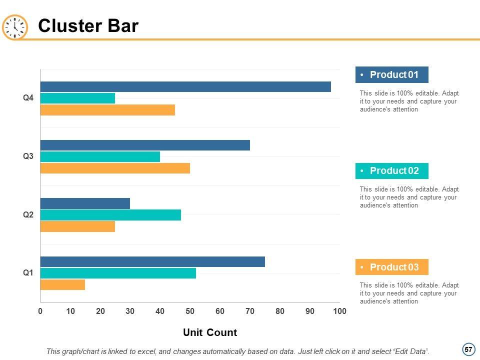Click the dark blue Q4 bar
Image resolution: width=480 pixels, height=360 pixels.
[185, 86]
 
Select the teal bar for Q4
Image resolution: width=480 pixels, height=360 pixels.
[77, 98]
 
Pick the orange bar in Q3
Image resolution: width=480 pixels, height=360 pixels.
[115, 168]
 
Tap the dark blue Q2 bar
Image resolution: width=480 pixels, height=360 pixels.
[85, 203]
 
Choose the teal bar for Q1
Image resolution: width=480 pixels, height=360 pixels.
[118, 273]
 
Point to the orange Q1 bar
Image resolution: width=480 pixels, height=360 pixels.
[62, 284]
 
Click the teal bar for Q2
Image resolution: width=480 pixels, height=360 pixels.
[110, 215]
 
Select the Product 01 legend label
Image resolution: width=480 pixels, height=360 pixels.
[392, 75]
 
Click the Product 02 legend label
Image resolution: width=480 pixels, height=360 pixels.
[392, 171]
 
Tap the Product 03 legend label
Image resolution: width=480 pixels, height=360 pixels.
[392, 267]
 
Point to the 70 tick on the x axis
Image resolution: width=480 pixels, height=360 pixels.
[250, 311]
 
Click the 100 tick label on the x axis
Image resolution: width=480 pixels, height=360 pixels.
[339, 311]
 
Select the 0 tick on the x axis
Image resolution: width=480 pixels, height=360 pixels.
[40, 311]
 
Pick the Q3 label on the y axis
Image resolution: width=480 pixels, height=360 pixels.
[28, 156]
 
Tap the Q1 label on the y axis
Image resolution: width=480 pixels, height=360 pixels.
[28, 273]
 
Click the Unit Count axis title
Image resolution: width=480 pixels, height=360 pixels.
[210, 332]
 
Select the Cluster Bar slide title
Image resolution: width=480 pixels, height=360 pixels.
[88, 26]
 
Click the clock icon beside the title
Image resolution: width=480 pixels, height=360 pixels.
[15, 26]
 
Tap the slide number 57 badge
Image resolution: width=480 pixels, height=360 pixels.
[468, 349]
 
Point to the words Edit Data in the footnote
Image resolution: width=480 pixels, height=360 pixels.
[410, 351]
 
